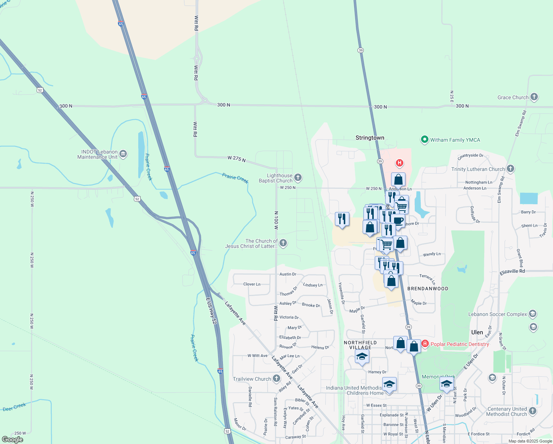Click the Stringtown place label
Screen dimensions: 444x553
click(x=370, y=138)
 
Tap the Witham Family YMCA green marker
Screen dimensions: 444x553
click(x=424, y=140)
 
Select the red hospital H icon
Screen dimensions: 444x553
click(x=399, y=163)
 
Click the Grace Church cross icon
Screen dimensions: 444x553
click(x=534, y=97)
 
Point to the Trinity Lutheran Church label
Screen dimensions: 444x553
click(x=478, y=169)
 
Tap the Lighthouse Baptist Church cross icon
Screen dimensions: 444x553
click(x=298, y=178)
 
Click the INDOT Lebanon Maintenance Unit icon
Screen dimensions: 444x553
click(x=123, y=154)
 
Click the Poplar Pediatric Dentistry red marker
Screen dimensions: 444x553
click(x=425, y=344)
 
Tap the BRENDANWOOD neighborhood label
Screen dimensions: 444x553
click(x=428, y=289)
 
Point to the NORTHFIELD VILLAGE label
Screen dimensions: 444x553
click(x=360, y=345)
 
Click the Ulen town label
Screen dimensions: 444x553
click(x=477, y=332)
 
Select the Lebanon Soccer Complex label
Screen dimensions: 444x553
click(x=498, y=314)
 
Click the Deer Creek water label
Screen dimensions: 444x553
click(x=14, y=407)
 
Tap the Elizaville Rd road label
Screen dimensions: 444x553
click(x=512, y=271)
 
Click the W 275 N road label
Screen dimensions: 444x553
click(x=237, y=159)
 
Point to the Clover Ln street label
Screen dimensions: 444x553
click(x=252, y=284)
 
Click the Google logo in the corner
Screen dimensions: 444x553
click(x=13, y=440)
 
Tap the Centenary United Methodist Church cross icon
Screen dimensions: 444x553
click(x=533, y=411)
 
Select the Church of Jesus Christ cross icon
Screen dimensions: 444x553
click(x=283, y=243)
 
